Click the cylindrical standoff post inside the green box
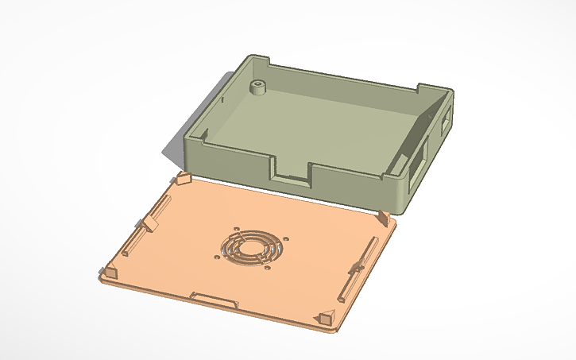coord(257,87)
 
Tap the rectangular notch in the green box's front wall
coord(291,172)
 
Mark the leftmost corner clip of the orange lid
coord(109,272)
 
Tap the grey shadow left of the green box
coord(173,150)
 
